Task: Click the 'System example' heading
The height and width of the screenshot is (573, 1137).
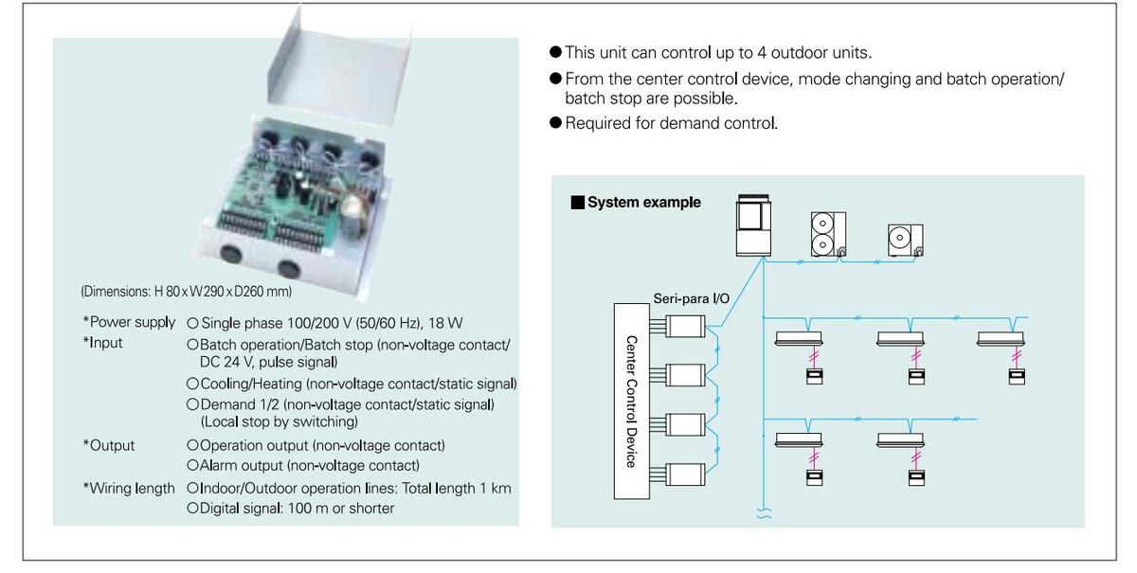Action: tap(643, 202)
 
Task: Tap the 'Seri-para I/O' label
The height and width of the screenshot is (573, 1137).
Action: tap(691, 298)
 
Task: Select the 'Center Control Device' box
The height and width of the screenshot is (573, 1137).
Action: tap(631, 401)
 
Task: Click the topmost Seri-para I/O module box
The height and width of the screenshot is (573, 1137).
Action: tap(685, 326)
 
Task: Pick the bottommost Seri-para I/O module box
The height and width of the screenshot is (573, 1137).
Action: tap(685, 475)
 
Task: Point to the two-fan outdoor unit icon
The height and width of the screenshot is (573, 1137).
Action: tap(828, 234)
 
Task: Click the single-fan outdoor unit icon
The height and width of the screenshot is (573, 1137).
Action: tap(906, 240)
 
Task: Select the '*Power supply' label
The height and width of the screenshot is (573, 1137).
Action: tap(129, 322)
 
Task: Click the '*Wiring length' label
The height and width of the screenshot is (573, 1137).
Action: tap(129, 489)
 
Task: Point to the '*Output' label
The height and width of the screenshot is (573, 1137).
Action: tap(109, 445)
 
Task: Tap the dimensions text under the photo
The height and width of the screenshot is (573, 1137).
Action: tap(187, 292)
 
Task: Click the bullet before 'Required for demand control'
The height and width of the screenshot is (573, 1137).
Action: tap(556, 122)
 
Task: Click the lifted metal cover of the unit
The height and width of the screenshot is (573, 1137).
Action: tap(338, 65)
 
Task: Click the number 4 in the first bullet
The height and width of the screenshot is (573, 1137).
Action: tap(762, 53)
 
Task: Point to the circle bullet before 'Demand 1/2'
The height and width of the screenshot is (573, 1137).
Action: tap(192, 404)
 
